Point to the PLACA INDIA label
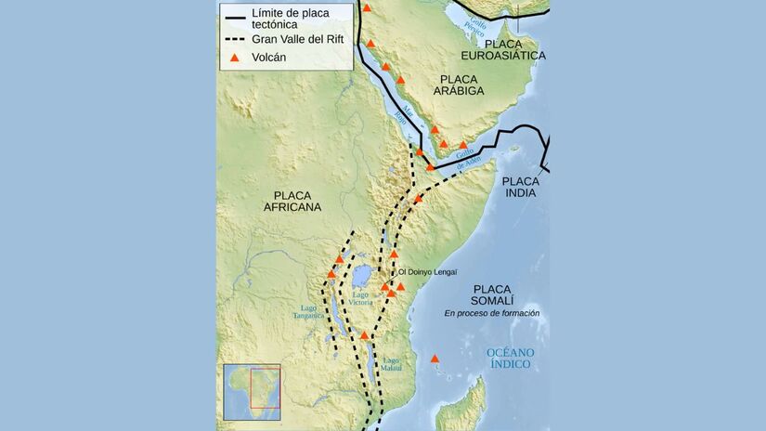[x=520, y=189]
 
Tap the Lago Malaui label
[x=391, y=365]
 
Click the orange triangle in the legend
[x=235, y=58]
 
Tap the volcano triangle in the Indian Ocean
[x=435, y=359]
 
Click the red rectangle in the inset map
[x=265, y=385]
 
